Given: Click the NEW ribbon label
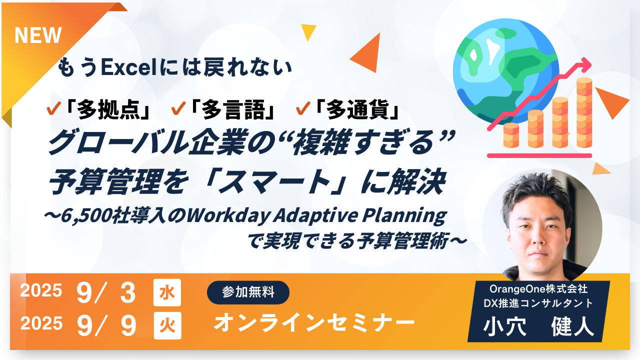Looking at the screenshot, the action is (38, 35).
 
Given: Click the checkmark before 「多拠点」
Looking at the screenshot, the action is (53, 108).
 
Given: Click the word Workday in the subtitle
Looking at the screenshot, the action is (228, 216).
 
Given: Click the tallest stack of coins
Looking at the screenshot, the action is (584, 112).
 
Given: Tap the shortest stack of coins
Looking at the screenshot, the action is (511, 135).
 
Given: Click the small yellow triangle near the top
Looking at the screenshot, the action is (308, 31).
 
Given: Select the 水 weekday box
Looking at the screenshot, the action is (167, 292).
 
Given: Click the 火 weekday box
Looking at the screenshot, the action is (167, 325).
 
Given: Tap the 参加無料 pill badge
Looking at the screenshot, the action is (248, 292).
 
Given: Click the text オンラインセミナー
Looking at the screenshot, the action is (314, 322).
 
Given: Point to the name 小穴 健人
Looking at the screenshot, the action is (538, 326).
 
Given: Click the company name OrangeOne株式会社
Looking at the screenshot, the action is (538, 289).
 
